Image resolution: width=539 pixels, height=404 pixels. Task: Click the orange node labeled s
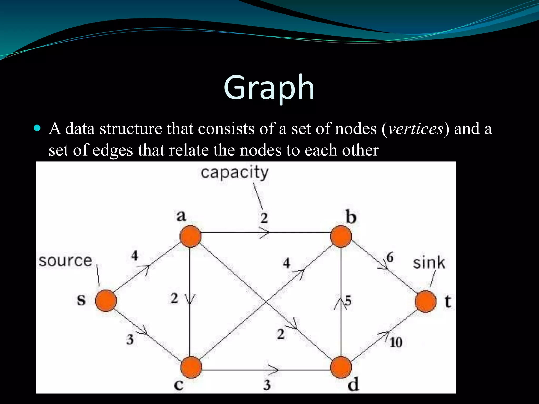(x=106, y=301)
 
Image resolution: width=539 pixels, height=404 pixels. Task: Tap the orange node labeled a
(x=190, y=236)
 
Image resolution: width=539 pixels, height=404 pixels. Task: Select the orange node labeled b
(x=341, y=236)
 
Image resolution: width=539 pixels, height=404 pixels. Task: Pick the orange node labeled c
(x=191, y=367)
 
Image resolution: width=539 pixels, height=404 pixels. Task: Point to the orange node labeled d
(x=341, y=367)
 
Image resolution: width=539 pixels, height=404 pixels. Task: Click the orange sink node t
(x=426, y=301)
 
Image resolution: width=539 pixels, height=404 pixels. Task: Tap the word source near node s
(x=66, y=261)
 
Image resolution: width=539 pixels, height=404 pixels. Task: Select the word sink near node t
(x=429, y=263)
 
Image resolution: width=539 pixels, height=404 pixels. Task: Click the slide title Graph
(x=269, y=87)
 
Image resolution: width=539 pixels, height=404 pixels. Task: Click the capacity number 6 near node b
(x=390, y=257)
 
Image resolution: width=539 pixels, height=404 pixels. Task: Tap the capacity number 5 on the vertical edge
(x=348, y=300)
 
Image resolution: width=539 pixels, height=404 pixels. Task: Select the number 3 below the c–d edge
(x=267, y=385)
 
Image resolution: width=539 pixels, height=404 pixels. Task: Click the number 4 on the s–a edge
(x=134, y=255)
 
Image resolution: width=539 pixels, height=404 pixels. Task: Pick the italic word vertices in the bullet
(x=416, y=129)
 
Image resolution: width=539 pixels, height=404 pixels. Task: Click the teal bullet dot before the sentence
(x=38, y=128)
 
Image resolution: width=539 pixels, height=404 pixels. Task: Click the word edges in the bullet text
(x=113, y=150)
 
